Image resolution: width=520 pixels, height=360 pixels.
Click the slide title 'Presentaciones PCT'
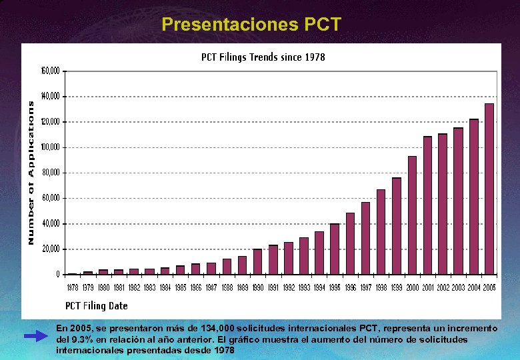251,25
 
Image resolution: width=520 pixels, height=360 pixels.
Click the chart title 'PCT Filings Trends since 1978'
263,57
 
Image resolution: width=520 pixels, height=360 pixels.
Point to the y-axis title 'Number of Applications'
31,172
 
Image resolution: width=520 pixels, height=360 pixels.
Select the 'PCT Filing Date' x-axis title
96,306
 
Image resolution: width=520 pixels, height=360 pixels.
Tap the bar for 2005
489,189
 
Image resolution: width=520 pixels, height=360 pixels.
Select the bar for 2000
412,215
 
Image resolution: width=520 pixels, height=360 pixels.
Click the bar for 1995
335,249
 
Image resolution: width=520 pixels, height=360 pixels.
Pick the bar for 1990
257,261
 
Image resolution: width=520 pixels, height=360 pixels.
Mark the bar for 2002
443,204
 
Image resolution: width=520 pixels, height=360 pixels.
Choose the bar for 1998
381,232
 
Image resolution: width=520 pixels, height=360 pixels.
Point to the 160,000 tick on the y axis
51,71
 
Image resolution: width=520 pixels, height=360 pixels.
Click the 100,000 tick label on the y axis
51,147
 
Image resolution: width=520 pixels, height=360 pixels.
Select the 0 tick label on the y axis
58,275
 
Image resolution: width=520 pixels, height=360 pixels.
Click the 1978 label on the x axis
73,288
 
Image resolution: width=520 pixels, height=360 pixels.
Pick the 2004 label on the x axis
474,288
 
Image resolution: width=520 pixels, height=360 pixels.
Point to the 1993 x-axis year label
304,288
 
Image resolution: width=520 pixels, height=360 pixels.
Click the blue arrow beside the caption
37,337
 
